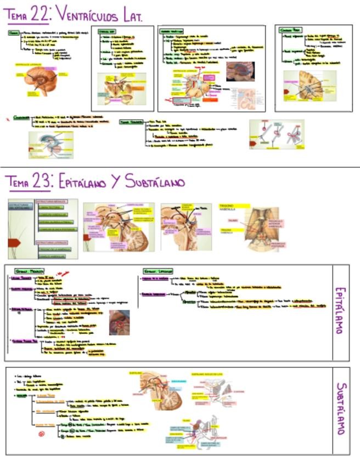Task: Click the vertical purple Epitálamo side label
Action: click(x=340, y=313)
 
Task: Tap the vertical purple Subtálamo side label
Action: click(x=340, y=409)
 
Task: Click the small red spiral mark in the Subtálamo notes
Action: click(x=41, y=434)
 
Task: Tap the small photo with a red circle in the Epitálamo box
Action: click(x=120, y=322)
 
